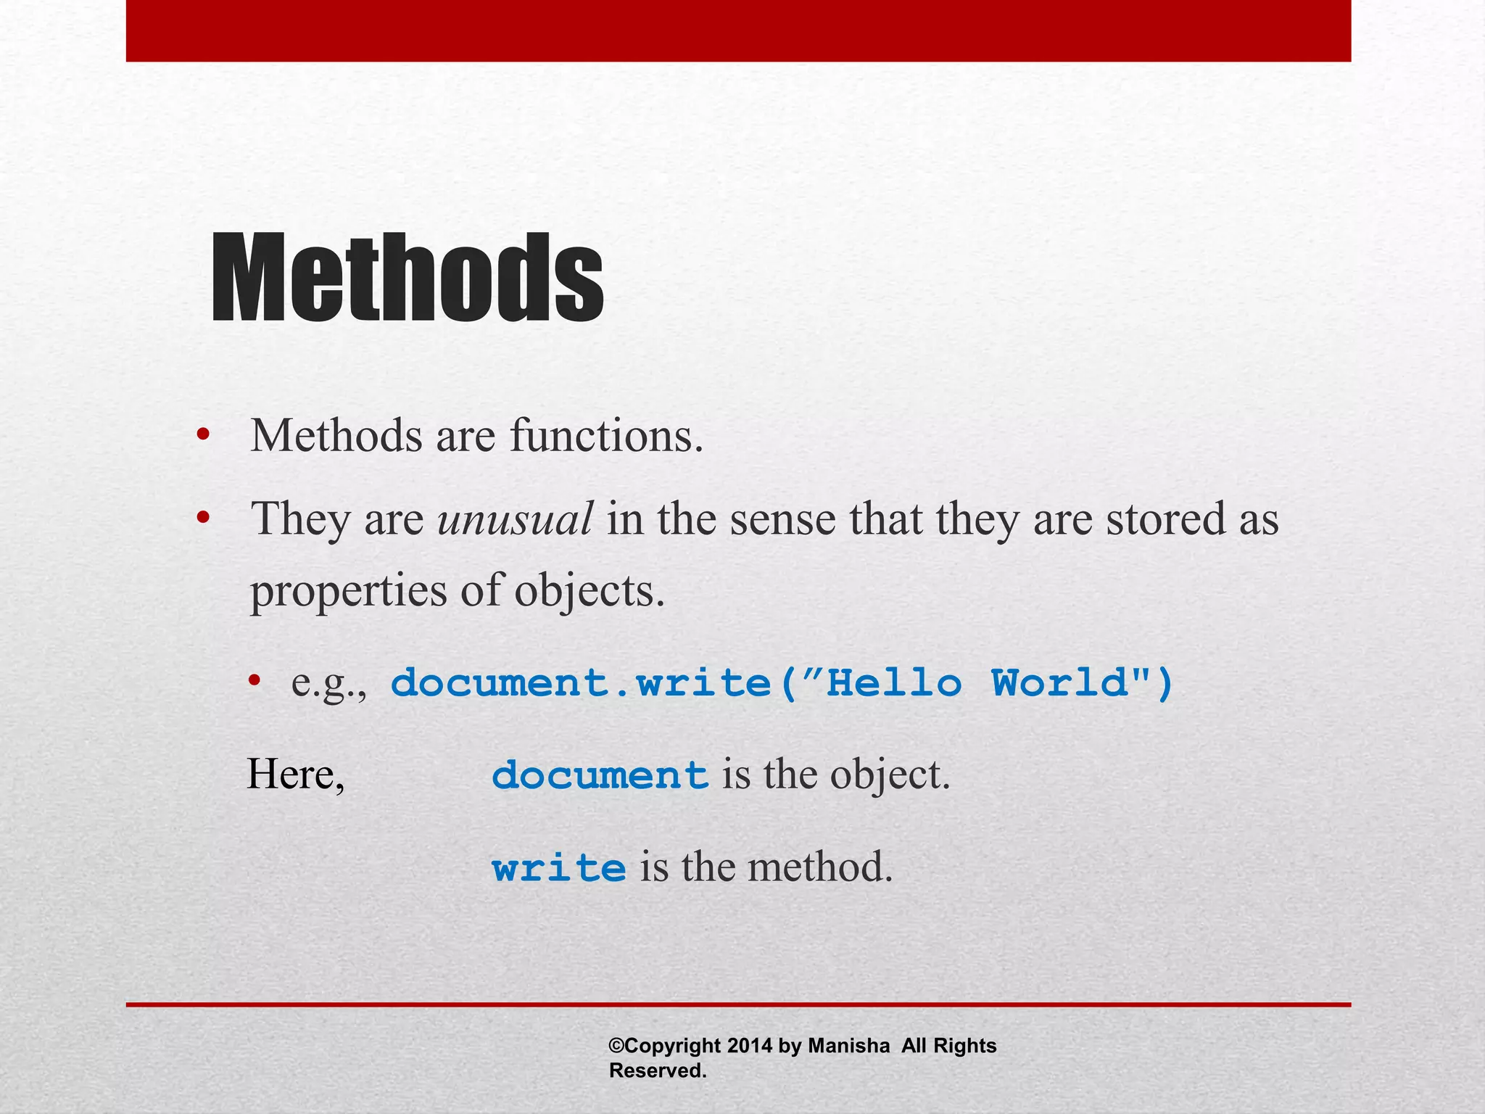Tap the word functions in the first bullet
pyautogui.click(x=606, y=436)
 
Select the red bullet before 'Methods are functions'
pyautogui.click(x=203, y=435)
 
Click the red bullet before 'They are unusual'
pyautogui.click(x=203, y=518)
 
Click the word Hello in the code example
pyautogui.click(x=894, y=683)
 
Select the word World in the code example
pyautogui.click(x=1061, y=683)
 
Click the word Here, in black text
pyautogui.click(x=296, y=775)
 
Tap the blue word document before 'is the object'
pyautogui.click(x=600, y=775)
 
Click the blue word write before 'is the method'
pyautogui.click(x=558, y=867)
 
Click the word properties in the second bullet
pyautogui.click(x=349, y=591)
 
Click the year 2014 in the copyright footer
pyautogui.click(x=750, y=1046)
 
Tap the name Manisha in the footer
pyautogui.click(x=848, y=1046)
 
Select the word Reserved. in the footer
pyautogui.click(x=658, y=1070)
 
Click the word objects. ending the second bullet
pyautogui.click(x=590, y=590)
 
